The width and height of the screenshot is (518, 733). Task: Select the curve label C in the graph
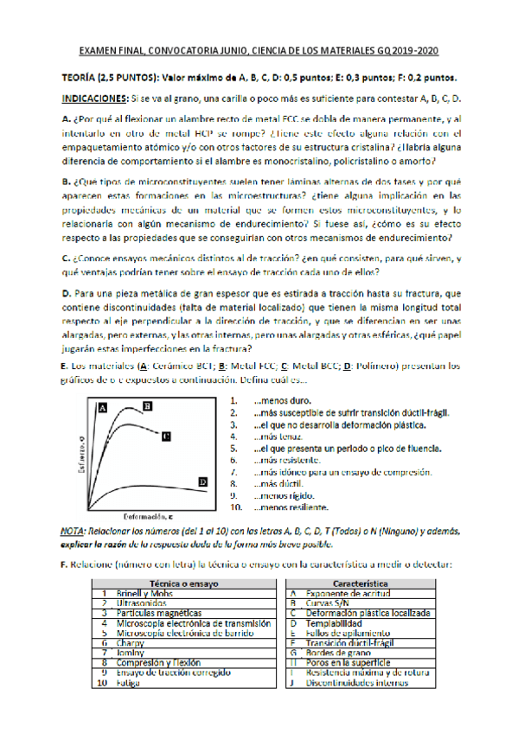pyautogui.click(x=166, y=436)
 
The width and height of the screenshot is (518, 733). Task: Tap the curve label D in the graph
pyautogui.click(x=202, y=481)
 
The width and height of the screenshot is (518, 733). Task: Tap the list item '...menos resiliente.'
pyautogui.click(x=285, y=509)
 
